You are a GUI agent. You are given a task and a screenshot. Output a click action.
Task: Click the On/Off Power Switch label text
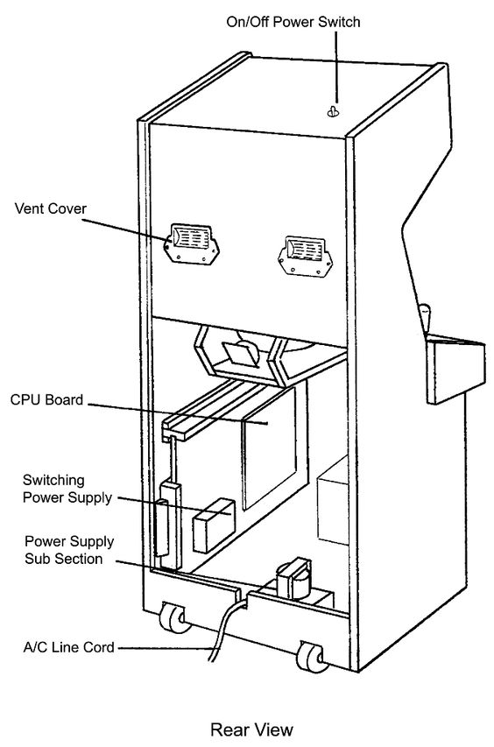(293, 22)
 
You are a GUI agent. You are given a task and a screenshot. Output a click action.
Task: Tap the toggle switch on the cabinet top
(333, 111)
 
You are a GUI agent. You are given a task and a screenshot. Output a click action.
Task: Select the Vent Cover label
(51, 208)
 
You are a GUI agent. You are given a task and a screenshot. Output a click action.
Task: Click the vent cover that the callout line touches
(192, 244)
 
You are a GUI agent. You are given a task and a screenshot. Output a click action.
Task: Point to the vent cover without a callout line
(305, 256)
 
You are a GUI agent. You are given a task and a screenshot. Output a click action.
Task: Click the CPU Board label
(46, 399)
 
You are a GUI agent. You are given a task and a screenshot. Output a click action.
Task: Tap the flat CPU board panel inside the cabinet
(269, 447)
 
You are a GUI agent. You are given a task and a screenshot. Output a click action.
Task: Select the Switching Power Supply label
(67, 490)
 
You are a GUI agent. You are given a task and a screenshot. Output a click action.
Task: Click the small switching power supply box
(214, 525)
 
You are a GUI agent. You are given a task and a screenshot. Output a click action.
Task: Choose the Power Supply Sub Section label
(69, 550)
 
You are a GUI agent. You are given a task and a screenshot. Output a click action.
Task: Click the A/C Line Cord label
(69, 647)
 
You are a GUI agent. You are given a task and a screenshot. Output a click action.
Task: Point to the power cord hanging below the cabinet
(226, 630)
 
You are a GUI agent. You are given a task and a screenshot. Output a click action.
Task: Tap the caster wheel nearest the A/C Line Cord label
(173, 617)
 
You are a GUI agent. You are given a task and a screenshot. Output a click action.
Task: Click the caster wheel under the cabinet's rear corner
(312, 657)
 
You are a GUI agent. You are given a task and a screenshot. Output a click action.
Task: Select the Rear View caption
(252, 729)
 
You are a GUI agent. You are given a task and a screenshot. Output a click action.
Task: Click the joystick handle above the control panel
(425, 317)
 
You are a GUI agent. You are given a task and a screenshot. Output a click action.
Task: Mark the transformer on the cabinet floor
(294, 579)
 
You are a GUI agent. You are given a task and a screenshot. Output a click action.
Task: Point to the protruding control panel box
(455, 369)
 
